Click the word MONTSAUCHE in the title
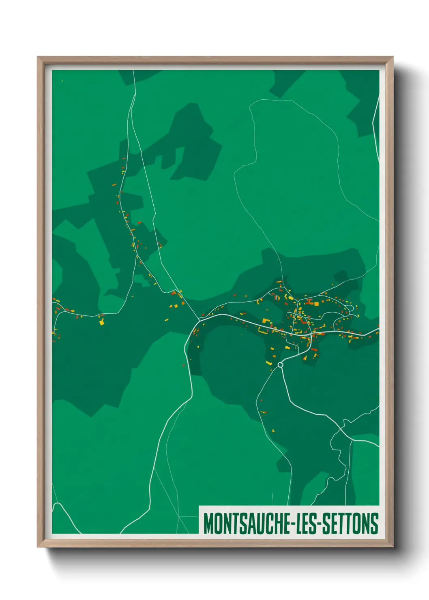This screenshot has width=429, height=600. [x=246, y=523]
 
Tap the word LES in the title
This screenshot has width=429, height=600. [x=305, y=523]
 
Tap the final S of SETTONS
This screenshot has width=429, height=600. [x=375, y=523]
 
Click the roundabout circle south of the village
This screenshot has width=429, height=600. [x=280, y=365]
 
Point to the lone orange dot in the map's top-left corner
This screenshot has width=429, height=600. [x=62, y=81]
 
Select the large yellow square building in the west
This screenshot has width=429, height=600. [x=101, y=323]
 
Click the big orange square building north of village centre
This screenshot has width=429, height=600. [x=316, y=303]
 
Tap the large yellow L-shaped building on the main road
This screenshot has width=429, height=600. [x=265, y=321]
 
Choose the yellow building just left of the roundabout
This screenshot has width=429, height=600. [x=268, y=362]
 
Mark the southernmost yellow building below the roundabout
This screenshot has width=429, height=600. [x=274, y=430]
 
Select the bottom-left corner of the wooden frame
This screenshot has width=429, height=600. [x=38, y=546]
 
